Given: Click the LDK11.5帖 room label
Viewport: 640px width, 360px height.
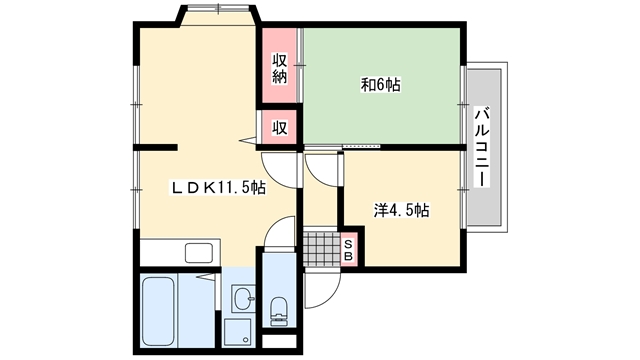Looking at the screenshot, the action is pos(218,188).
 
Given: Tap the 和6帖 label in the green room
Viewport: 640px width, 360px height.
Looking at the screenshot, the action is pos(380,85).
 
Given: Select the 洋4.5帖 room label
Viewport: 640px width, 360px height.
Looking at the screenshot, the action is pos(402,211).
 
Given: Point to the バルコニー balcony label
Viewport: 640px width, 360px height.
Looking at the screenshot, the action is pos(482,147).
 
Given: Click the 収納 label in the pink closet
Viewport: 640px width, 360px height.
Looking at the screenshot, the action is pos(280,69).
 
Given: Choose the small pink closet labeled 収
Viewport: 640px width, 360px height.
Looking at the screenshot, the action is pos(280,128).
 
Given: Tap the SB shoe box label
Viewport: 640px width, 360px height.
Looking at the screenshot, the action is pos(348,250).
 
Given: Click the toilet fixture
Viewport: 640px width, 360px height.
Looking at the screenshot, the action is pos(279,311).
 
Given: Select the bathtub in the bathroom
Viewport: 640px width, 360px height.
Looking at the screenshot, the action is pos(158,311).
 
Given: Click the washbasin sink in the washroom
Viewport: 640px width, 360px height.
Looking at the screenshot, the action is pos(244,298).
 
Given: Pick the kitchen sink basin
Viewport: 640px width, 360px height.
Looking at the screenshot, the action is pos(199,253).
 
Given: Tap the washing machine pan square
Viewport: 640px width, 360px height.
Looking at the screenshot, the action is pos(238,332).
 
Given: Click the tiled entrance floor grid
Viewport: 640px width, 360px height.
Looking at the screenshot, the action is pos(322,248).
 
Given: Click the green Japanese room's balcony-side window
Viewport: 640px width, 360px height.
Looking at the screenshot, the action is pos(463,105).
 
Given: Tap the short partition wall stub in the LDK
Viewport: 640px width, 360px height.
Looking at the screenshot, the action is pos(156,147).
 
